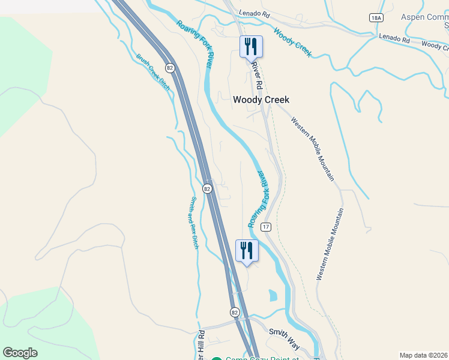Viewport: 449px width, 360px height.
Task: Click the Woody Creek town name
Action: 261,100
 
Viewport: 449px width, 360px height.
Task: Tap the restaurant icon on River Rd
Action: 251,46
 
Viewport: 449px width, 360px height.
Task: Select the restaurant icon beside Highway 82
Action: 247,250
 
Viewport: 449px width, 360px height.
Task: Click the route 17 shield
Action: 267,227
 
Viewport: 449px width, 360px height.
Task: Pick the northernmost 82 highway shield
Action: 170,68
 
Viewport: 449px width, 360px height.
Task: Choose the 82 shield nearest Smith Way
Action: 235,312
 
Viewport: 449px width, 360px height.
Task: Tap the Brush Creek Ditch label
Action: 153,73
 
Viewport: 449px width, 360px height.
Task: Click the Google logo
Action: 20,353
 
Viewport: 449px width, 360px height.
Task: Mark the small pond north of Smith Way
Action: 273,295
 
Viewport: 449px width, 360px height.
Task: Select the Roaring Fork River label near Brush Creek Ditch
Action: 196,44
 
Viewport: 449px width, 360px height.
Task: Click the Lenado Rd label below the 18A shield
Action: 393,39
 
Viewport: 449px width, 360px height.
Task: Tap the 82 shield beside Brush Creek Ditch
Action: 170,68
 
